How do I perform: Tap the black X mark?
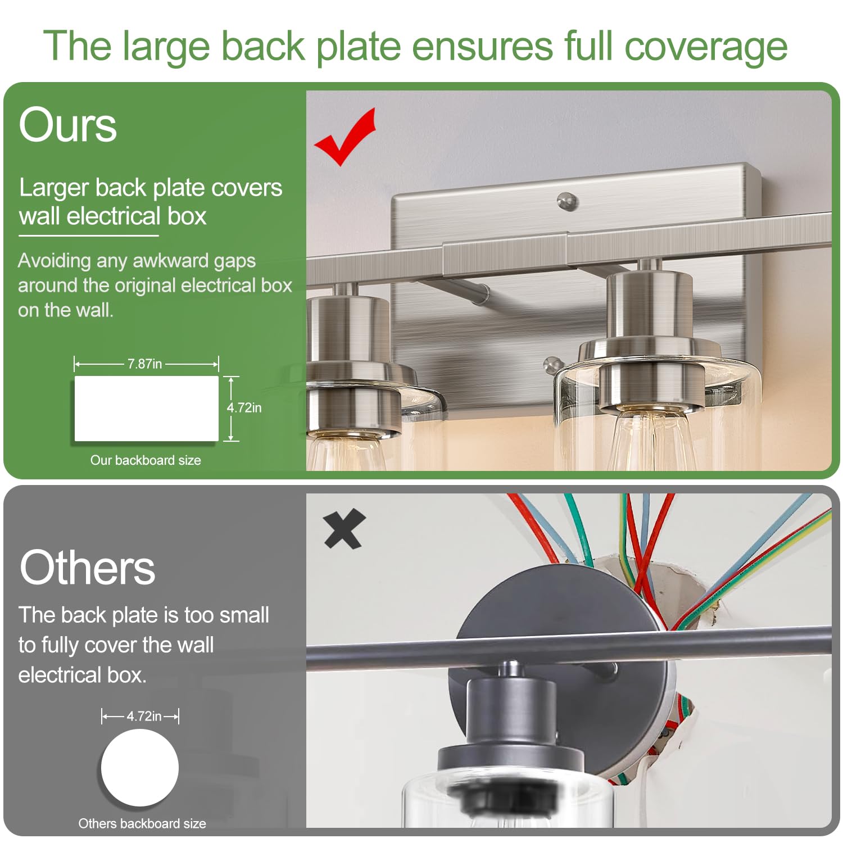tap(345, 529)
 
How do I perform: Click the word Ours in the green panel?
tap(68, 125)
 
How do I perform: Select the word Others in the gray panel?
tap(87, 567)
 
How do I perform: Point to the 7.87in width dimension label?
tap(144, 364)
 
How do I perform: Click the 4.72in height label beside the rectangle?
tap(244, 407)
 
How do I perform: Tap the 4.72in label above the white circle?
tap(144, 716)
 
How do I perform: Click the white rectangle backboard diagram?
tap(147, 409)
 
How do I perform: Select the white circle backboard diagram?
tap(140, 768)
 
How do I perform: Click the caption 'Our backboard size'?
tap(146, 460)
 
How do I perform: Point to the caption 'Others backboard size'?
tap(142, 823)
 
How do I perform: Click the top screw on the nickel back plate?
tap(568, 201)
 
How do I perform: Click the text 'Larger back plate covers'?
tap(151, 188)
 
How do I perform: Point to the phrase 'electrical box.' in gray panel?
tap(83, 674)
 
